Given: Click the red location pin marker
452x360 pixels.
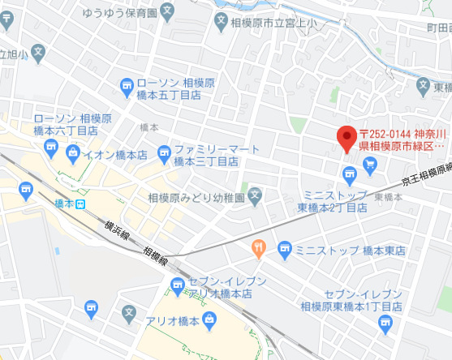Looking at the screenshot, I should [x=347, y=138].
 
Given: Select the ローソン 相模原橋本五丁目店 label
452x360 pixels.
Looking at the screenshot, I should [x=175, y=88].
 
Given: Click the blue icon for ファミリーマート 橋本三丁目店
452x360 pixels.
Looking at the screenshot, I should [x=164, y=151].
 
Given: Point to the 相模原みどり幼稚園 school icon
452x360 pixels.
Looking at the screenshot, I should [x=255, y=195].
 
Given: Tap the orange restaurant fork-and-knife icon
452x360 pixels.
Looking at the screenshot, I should [x=258, y=248].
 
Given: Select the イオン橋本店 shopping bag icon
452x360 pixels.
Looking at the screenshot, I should [x=74, y=152].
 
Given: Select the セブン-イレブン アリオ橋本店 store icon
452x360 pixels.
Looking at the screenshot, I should [x=178, y=284].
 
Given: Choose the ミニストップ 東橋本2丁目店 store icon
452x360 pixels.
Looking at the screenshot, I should [x=349, y=173].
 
